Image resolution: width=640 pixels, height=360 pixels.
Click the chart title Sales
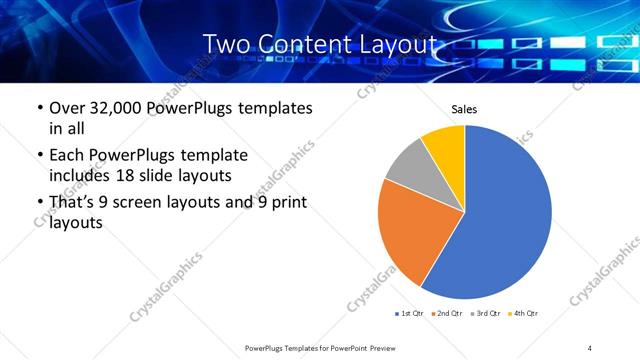(464, 109)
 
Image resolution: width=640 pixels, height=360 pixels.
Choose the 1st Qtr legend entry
(410, 314)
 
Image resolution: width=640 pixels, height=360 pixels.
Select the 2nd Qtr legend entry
(446, 314)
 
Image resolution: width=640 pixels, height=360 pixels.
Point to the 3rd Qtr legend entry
(484, 314)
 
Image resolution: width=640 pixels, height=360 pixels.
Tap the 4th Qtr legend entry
(522, 314)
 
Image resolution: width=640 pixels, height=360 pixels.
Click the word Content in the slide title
(316, 44)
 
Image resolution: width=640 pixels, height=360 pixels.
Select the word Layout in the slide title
(399, 44)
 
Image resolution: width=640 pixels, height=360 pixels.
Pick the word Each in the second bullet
(66, 155)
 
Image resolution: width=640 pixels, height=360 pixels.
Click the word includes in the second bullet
(82, 176)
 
